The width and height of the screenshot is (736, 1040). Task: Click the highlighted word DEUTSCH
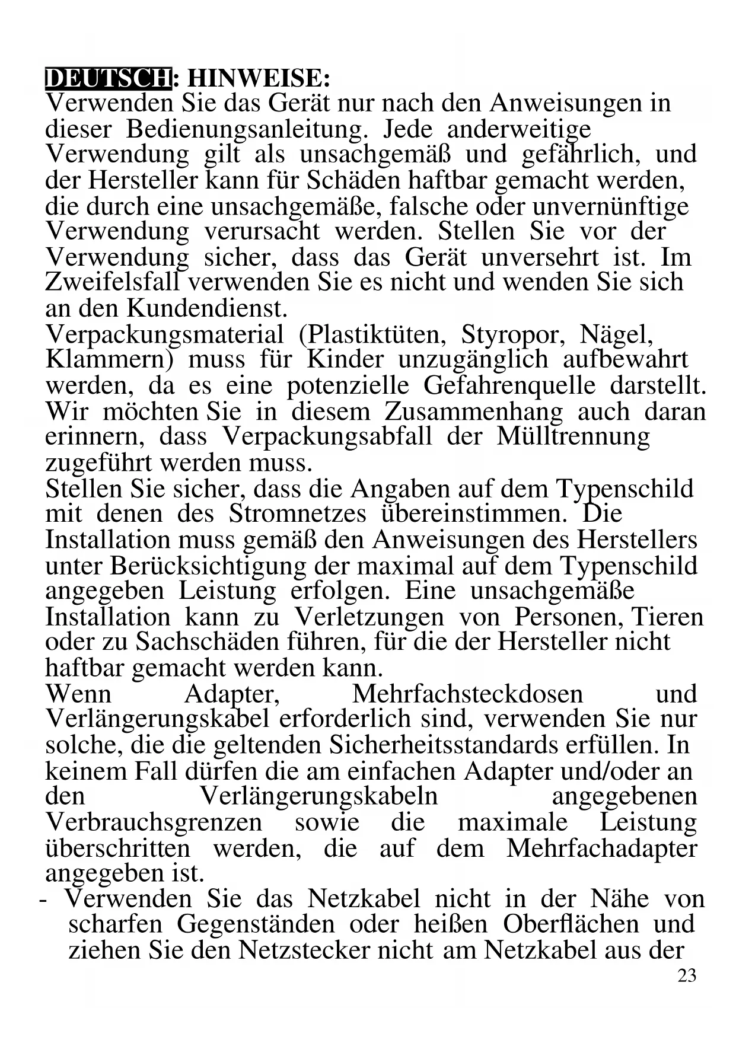coord(108,78)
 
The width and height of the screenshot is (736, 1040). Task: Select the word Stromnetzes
coord(298,513)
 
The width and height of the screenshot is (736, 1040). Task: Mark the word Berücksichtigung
coord(208,566)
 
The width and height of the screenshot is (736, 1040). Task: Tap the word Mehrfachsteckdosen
coord(467,694)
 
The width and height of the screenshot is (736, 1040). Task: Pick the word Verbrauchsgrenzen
coord(154,822)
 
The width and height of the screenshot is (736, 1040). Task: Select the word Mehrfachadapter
coord(601,848)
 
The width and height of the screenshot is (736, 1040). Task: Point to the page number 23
coord(687,976)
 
